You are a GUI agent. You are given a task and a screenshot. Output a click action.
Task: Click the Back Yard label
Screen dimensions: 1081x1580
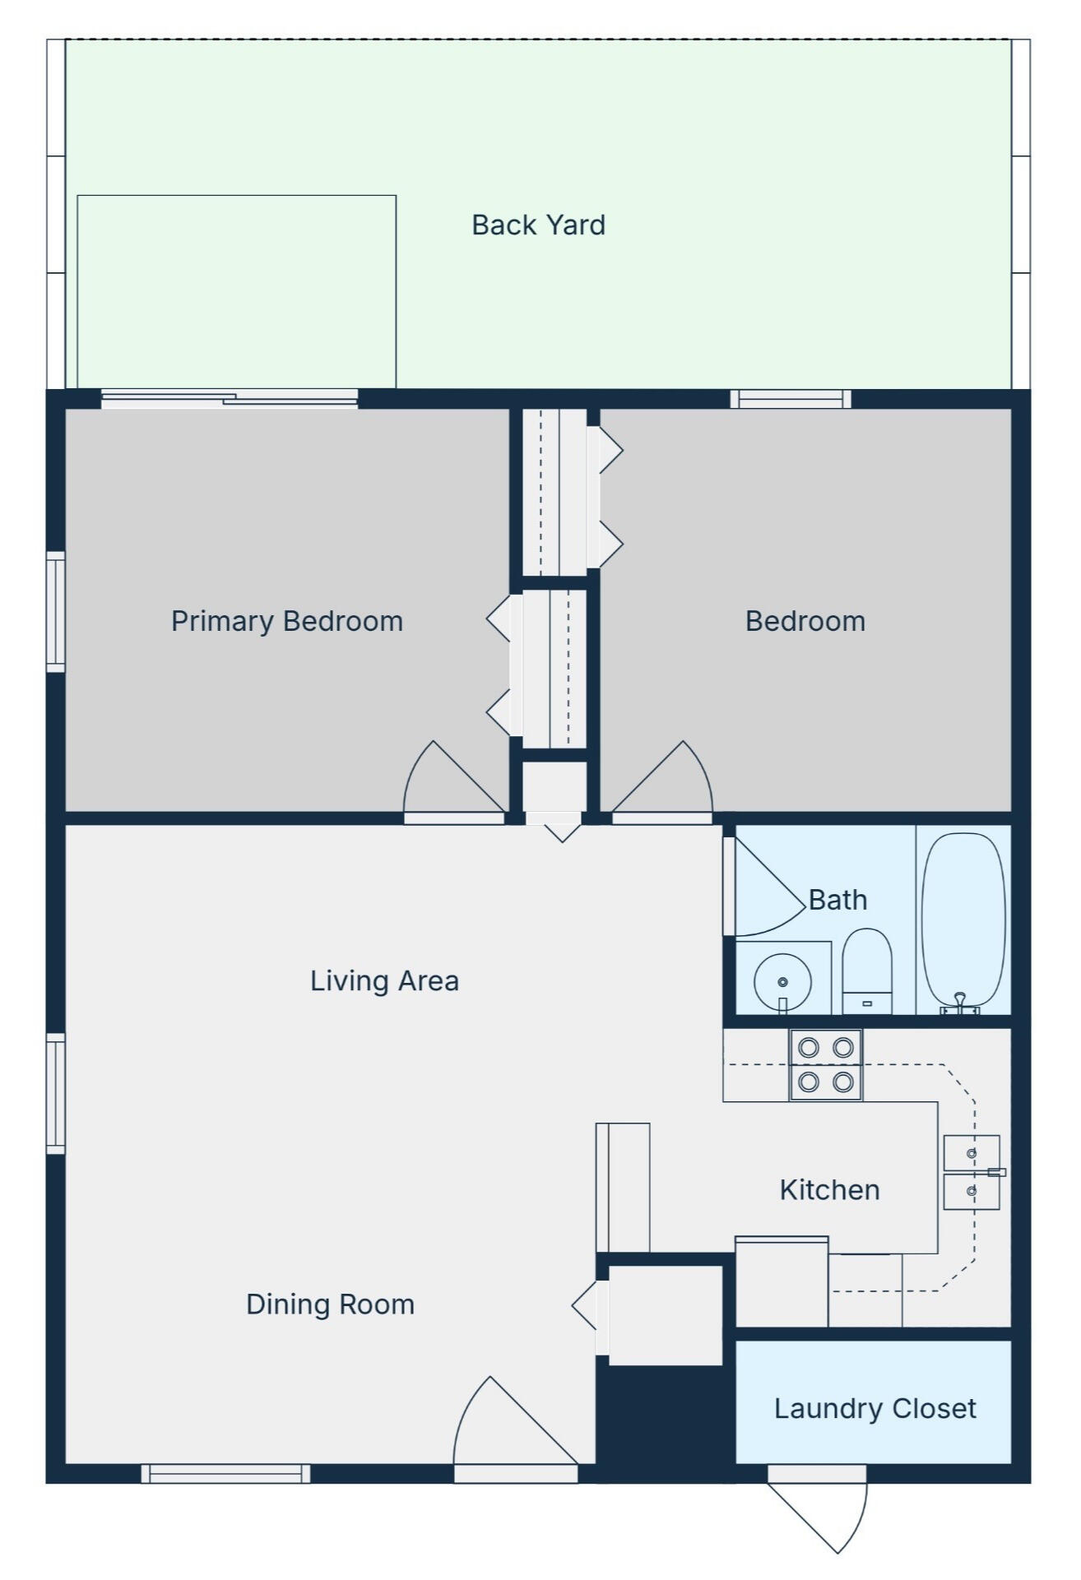click(x=538, y=225)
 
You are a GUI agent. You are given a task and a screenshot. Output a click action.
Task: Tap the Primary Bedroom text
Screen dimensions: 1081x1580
click(x=287, y=621)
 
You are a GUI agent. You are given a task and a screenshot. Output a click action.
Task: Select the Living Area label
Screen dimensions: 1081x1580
click(x=384, y=980)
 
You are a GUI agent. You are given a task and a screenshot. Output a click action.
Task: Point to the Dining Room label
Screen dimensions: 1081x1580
click(x=330, y=1304)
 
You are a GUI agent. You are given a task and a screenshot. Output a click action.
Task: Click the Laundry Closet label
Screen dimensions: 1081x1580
click(x=875, y=1408)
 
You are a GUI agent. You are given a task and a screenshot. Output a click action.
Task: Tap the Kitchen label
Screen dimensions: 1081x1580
click(x=829, y=1189)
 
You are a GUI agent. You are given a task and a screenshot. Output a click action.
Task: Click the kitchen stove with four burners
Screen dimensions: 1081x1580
click(x=826, y=1065)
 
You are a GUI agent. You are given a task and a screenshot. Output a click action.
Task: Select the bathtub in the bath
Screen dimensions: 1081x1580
click(x=963, y=922)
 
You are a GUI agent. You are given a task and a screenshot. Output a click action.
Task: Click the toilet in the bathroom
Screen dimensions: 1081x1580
click(x=867, y=971)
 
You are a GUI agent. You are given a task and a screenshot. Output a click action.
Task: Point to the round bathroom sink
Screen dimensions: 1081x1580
click(x=782, y=981)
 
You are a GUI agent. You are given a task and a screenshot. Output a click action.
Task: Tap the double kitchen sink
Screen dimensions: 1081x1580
click(x=972, y=1172)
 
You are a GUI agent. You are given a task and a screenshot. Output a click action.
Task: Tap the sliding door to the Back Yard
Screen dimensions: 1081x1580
click(x=230, y=400)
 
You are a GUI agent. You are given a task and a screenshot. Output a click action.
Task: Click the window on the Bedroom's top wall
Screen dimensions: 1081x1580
click(x=791, y=399)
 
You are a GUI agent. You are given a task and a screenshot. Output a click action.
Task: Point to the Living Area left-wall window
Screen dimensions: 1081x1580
click(x=55, y=1093)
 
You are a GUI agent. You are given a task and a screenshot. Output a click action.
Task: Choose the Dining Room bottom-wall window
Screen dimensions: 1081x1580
click(x=225, y=1473)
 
